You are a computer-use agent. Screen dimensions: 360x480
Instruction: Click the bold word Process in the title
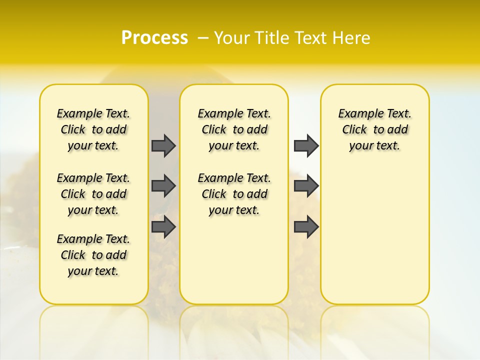pos(154,38)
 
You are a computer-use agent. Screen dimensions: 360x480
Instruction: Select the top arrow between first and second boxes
pos(163,145)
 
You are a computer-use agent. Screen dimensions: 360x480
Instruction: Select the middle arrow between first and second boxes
pos(163,186)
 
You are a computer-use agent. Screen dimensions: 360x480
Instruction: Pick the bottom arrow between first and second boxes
pos(163,227)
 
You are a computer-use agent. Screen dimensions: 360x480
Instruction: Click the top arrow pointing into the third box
pos(306,145)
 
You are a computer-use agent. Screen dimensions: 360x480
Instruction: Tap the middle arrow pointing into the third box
pos(306,186)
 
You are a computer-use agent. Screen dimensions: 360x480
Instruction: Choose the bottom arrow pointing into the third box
pos(306,227)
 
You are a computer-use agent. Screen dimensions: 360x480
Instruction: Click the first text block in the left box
pos(93,129)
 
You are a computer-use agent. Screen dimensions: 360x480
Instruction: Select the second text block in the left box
pos(93,194)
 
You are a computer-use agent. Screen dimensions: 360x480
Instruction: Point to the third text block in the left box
pos(93,255)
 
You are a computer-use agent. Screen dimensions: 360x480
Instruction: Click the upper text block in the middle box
pos(234,129)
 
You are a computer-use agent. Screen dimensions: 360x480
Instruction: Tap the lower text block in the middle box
pos(234,194)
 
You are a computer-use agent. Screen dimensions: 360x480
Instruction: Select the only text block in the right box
pos(374,129)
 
